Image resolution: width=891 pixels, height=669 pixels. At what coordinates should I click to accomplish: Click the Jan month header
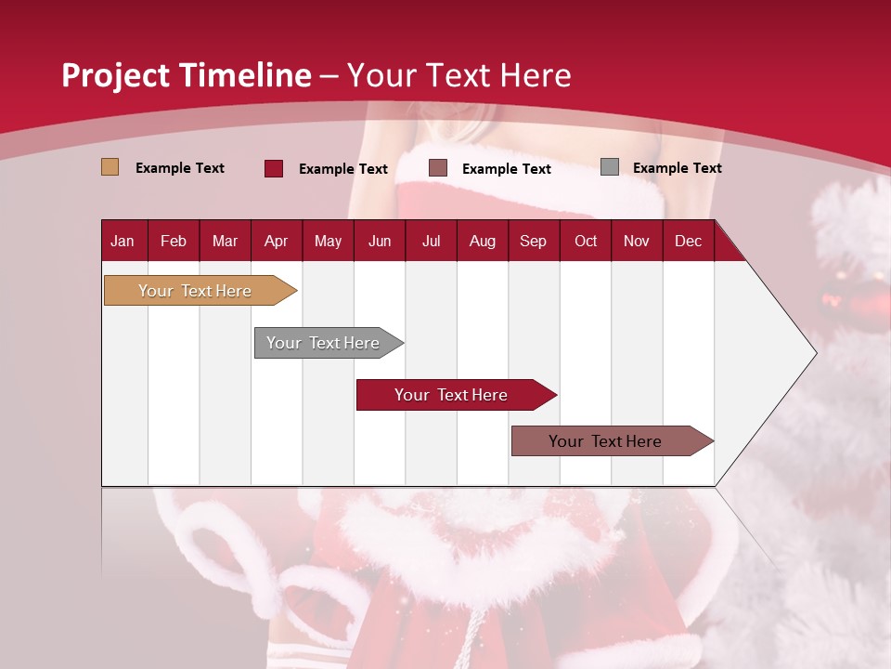pyautogui.click(x=123, y=241)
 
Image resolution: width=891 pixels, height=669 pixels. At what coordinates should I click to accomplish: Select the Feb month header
pyautogui.click(x=174, y=241)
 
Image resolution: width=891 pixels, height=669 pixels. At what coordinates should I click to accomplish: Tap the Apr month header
pyautogui.click(x=276, y=241)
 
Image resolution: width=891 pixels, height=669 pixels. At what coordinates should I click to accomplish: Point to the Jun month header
pyautogui.click(x=380, y=241)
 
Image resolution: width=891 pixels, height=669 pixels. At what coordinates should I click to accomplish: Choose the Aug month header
pyautogui.click(x=482, y=241)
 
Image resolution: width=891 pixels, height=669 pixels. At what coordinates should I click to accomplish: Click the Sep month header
pyautogui.click(x=533, y=241)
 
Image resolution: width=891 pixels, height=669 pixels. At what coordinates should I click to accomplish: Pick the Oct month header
pyautogui.click(x=586, y=241)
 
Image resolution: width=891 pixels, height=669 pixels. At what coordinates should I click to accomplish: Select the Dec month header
pyautogui.click(x=688, y=241)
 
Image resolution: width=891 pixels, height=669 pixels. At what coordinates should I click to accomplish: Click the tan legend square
pyautogui.click(x=110, y=167)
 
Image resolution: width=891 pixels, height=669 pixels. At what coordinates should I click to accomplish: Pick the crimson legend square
pyautogui.click(x=273, y=168)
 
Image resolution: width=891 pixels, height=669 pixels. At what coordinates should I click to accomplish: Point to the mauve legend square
pyautogui.click(x=438, y=168)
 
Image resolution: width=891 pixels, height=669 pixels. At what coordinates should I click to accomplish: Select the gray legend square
pyautogui.click(x=609, y=167)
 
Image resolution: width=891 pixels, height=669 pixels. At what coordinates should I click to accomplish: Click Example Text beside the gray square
pyautogui.click(x=677, y=168)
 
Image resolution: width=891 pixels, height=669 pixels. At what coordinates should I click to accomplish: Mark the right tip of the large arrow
pyautogui.click(x=815, y=353)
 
